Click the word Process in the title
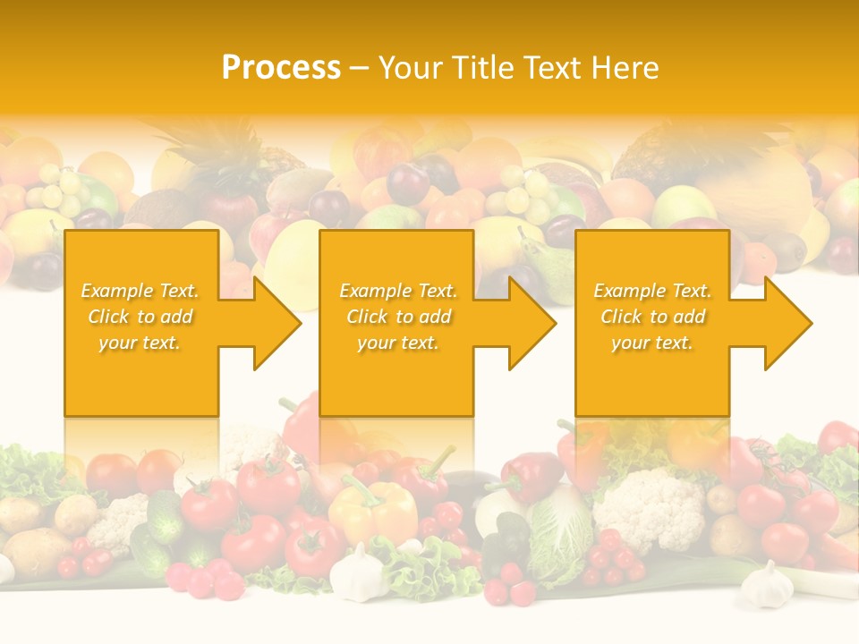pos(281,68)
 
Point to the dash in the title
pos(360,69)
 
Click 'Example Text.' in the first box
pos(140,291)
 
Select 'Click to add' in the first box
pos(140,317)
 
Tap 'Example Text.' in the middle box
pos(398,291)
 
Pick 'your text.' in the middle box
pos(398,343)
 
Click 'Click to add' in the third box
pos(653,317)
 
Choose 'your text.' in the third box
pos(652,343)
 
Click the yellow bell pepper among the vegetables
pos(373,515)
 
